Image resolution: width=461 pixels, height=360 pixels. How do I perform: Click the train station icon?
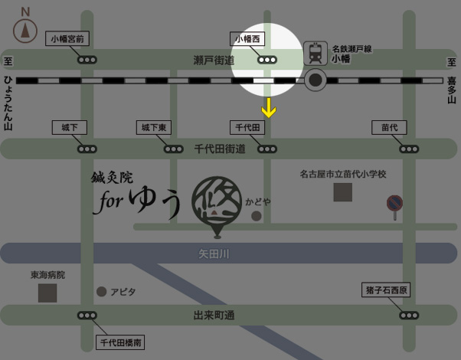[x=314, y=52]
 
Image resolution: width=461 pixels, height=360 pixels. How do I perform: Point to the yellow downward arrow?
[x=269, y=106]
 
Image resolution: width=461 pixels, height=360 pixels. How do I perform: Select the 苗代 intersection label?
[x=389, y=127]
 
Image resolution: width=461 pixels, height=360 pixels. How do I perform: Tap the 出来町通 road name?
[x=214, y=315]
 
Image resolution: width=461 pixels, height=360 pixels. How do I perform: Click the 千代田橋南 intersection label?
[x=123, y=342]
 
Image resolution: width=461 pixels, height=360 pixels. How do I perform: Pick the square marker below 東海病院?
[x=48, y=293]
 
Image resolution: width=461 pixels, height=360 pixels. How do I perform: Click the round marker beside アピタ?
[x=102, y=291]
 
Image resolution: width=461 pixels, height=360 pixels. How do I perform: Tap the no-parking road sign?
[x=394, y=204]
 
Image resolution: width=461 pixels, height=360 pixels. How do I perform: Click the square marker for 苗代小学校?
[x=342, y=191]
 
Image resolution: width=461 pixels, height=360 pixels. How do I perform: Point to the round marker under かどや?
[x=257, y=216]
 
